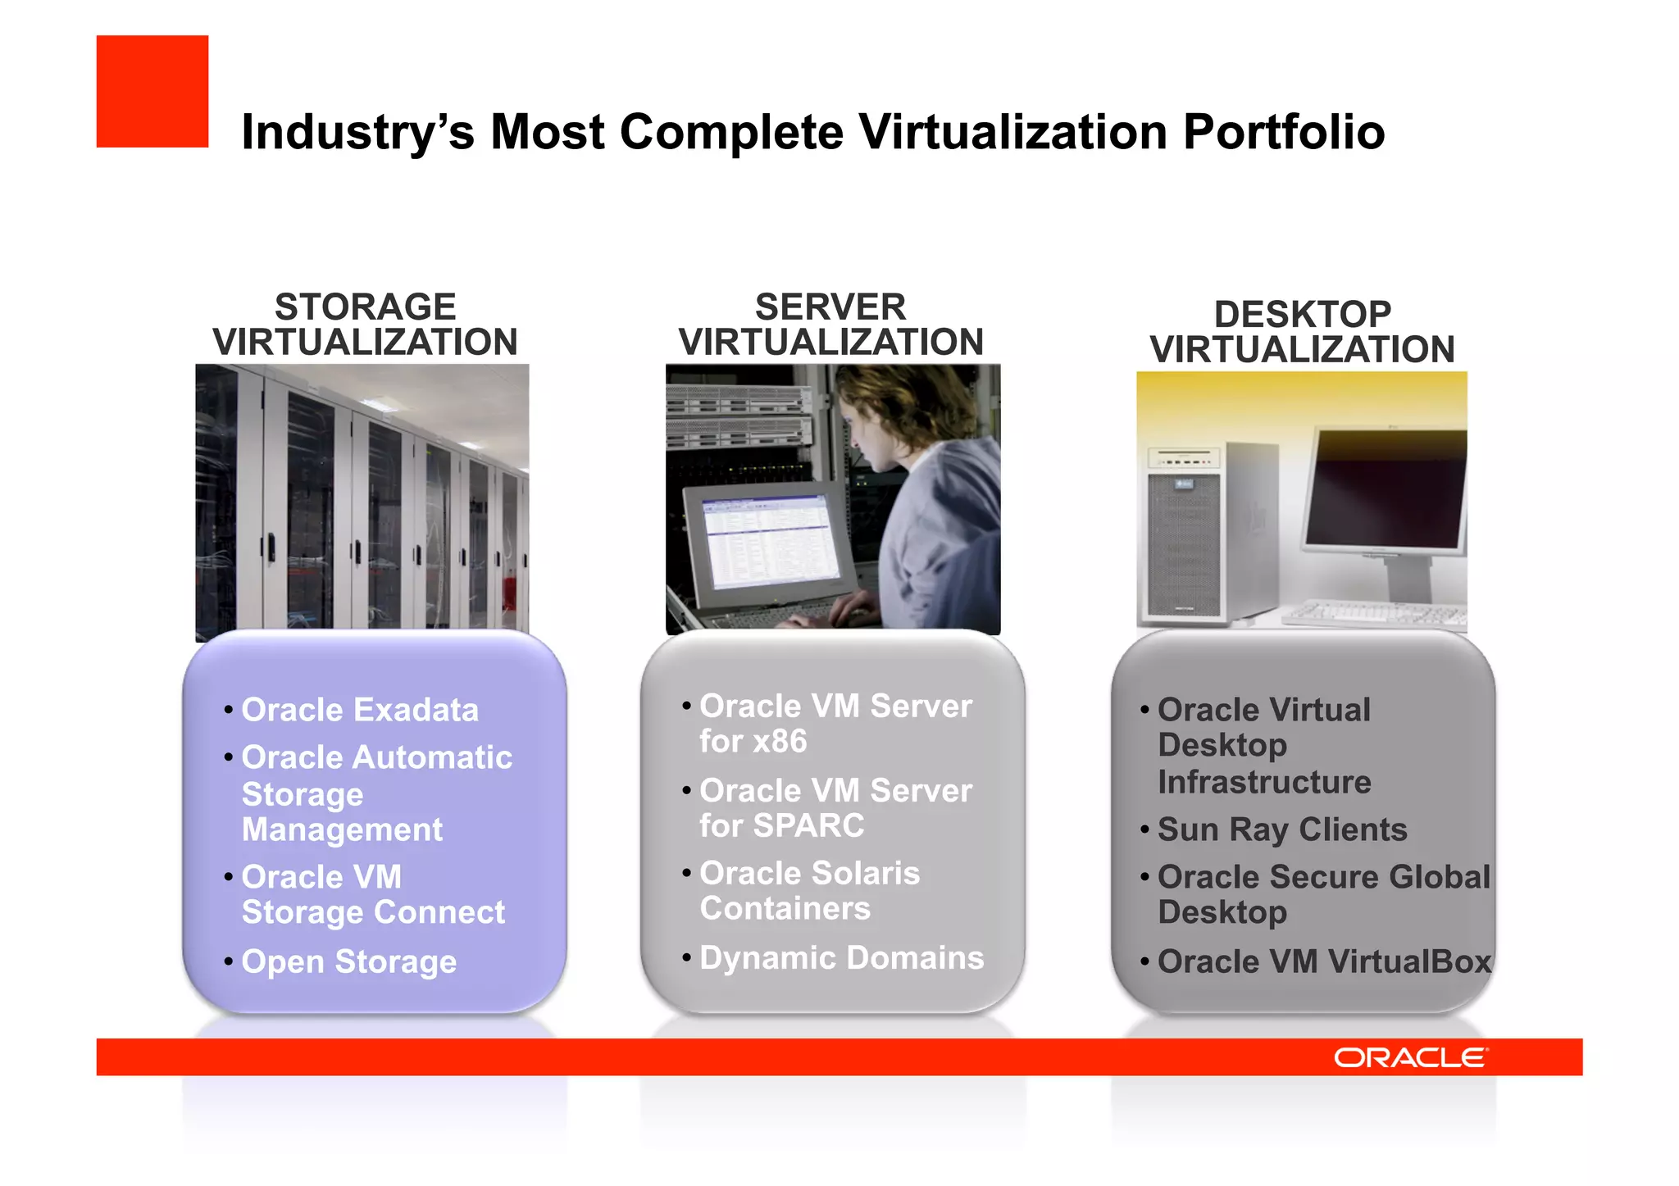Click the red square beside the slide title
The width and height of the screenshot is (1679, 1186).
pyautogui.click(x=152, y=91)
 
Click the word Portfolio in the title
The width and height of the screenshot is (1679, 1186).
pyautogui.click(x=1283, y=132)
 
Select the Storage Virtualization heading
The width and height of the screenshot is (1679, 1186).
pyautogui.click(x=365, y=325)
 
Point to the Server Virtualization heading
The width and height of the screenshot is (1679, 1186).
pyautogui.click(x=830, y=325)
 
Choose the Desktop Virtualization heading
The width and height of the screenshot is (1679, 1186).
pyautogui.click(x=1302, y=332)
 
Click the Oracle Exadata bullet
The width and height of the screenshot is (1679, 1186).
pyautogui.click(x=359, y=710)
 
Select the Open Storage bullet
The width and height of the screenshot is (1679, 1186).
pyautogui.click(x=348, y=961)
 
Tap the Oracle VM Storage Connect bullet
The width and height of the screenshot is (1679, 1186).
pyautogui.click(x=373, y=894)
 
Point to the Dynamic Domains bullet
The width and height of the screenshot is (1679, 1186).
pyautogui.click(x=841, y=957)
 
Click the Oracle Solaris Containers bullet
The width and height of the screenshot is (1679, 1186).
pyautogui.click(x=809, y=891)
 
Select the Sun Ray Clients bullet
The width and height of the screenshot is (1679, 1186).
pyautogui.click(x=1281, y=829)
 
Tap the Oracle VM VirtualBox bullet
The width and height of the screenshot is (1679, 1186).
pyautogui.click(x=1323, y=961)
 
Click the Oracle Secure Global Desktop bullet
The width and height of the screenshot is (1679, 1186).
pyautogui.click(x=1322, y=894)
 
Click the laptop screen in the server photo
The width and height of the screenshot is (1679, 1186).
pyautogui.click(x=771, y=541)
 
